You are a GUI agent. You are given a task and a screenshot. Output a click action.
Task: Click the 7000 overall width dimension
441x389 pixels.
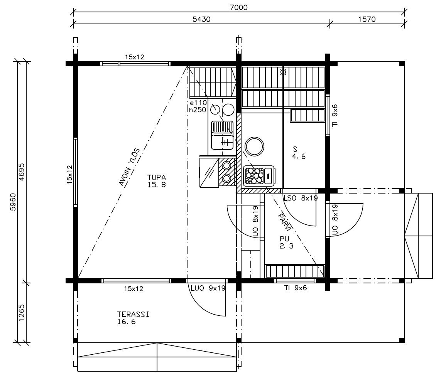(239, 7)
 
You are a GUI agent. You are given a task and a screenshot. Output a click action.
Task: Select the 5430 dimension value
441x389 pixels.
(201, 19)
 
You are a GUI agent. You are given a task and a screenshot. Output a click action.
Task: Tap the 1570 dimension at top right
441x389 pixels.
(367, 19)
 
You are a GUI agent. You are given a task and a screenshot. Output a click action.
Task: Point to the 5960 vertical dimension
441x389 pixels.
(13, 202)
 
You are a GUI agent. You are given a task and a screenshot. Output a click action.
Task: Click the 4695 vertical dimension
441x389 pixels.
(21, 172)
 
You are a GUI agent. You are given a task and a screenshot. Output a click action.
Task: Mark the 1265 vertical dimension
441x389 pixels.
(21, 313)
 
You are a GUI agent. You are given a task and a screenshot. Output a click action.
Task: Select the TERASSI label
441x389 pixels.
(133, 314)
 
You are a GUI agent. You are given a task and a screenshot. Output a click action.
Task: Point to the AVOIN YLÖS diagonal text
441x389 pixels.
(130, 167)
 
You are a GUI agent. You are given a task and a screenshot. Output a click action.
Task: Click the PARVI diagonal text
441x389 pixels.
(285, 221)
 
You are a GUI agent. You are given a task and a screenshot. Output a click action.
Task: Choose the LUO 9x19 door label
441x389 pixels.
(208, 288)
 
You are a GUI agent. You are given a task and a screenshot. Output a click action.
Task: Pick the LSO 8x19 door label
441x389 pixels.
(301, 198)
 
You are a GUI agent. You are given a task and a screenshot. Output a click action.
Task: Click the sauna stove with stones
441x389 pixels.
(259, 176)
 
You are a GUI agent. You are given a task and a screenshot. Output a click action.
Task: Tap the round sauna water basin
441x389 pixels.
(254, 147)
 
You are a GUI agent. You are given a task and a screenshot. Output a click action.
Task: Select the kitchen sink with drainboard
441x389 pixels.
(222, 135)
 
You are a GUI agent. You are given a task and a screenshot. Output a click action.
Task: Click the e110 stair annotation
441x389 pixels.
(198, 103)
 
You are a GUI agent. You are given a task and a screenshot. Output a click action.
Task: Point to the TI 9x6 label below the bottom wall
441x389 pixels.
(295, 288)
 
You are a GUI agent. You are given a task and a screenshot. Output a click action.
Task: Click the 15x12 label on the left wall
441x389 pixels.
(69, 175)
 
